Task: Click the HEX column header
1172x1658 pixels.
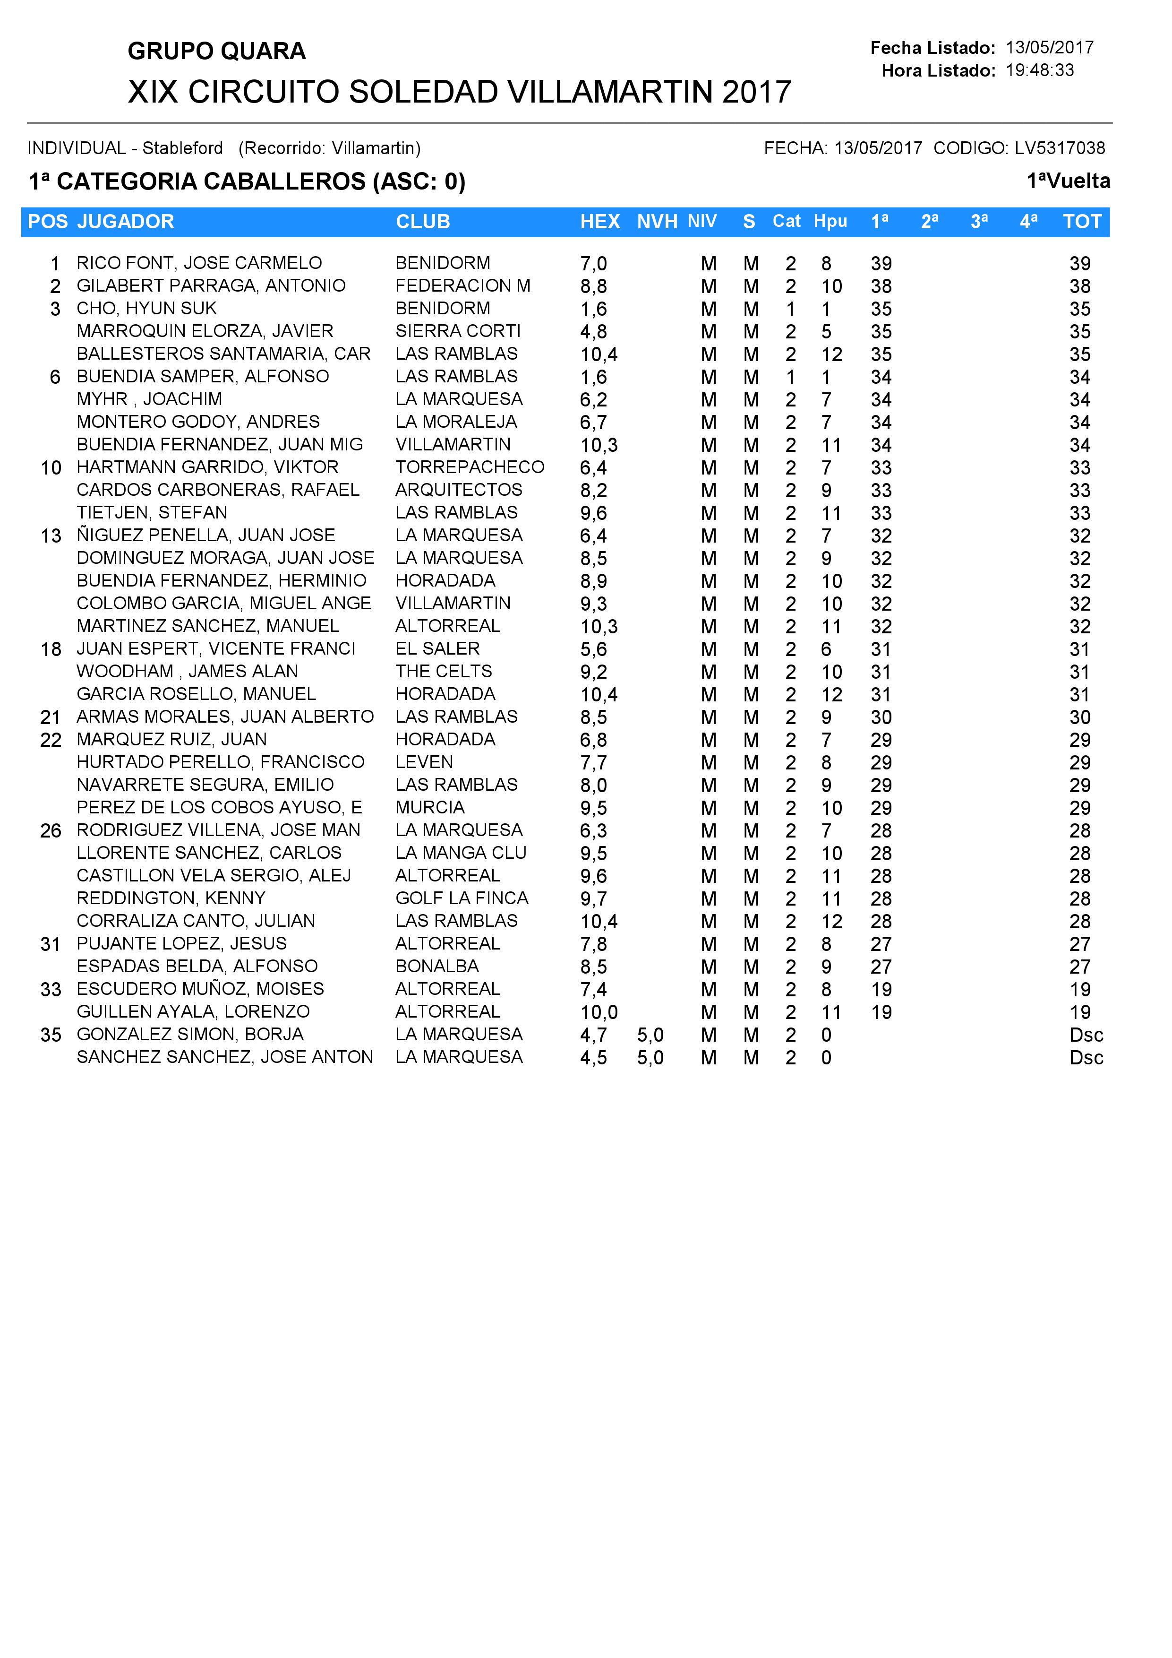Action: [600, 222]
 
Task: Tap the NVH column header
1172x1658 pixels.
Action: [657, 222]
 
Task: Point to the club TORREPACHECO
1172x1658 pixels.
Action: [470, 467]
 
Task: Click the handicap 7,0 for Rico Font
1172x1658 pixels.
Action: [593, 264]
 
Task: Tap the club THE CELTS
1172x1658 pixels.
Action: [444, 672]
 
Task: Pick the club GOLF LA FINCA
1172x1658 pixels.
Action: [462, 898]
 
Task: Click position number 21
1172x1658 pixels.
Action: [51, 718]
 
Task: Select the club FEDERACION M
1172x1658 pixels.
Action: [462, 286]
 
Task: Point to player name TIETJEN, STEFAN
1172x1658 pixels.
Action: [152, 513]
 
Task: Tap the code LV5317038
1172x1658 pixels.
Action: [1060, 148]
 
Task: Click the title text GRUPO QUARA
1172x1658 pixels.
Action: [216, 51]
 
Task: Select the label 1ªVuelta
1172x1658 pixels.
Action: [1068, 181]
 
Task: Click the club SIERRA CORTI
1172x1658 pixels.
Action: [458, 331]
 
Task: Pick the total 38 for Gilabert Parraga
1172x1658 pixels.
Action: [1079, 287]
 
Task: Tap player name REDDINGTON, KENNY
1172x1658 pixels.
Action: [171, 898]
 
